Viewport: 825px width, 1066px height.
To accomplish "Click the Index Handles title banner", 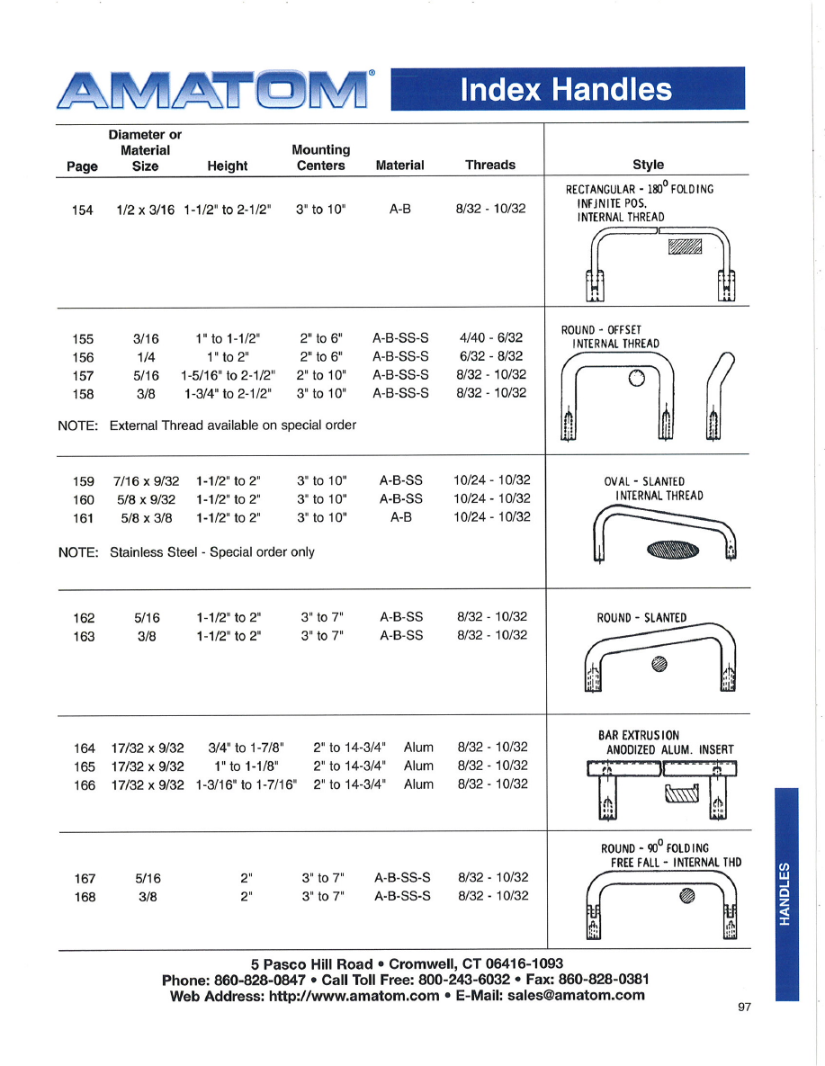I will (567, 89).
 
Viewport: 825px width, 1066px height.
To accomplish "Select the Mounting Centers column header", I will (320, 157).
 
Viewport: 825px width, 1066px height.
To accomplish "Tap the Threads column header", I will (490, 165).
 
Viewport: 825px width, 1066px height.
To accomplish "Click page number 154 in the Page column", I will (83, 210).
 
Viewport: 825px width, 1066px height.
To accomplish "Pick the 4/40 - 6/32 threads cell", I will (490, 338).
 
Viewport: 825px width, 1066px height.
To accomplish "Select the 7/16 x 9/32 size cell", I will (146, 480).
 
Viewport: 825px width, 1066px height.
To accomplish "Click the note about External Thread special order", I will (232, 425).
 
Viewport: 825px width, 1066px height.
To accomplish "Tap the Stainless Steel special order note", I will (211, 551).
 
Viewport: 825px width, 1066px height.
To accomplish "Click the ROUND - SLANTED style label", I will (641, 617).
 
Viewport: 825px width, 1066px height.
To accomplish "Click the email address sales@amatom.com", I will (576, 995).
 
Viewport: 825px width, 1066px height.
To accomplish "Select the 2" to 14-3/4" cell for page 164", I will (350, 747).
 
